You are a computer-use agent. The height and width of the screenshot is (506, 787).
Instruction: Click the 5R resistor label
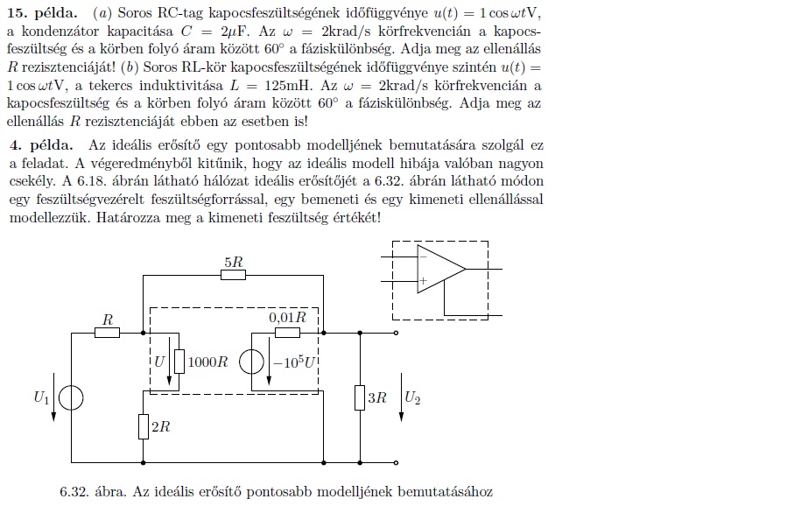click(x=234, y=261)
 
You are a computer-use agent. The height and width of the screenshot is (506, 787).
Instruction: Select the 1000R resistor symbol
click(x=179, y=361)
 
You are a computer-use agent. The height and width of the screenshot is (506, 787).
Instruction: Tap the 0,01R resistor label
click(x=288, y=317)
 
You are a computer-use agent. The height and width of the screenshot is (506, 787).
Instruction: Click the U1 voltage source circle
click(x=71, y=398)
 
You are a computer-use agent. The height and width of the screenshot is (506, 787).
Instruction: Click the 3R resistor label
click(x=377, y=397)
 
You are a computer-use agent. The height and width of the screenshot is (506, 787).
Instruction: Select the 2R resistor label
click(x=161, y=426)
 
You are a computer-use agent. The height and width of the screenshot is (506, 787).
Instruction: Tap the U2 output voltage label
click(x=411, y=397)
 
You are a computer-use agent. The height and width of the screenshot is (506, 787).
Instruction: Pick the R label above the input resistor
click(x=108, y=320)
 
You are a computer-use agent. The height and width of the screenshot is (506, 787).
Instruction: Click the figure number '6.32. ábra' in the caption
click(x=95, y=492)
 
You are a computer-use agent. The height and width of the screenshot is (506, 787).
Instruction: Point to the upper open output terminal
click(x=397, y=333)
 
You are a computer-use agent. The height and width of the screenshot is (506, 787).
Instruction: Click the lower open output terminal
click(x=397, y=461)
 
